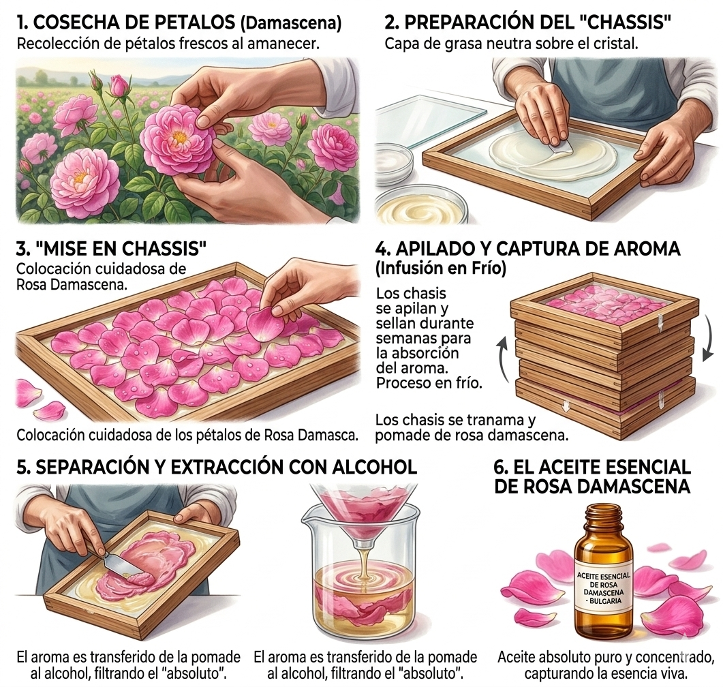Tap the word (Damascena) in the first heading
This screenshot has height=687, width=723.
tap(291, 24)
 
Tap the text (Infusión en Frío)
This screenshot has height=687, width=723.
tap(440, 269)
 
